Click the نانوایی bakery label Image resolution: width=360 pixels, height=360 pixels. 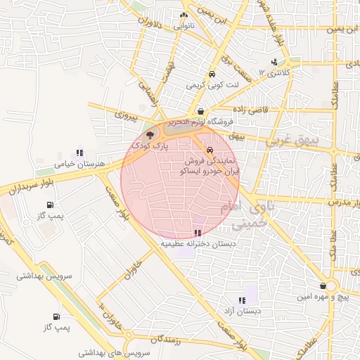click(179, 25)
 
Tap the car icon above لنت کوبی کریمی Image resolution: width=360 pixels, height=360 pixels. click(211, 74)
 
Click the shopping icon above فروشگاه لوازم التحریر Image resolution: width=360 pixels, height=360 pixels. click(201, 111)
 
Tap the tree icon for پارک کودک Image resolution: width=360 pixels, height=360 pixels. click(149, 135)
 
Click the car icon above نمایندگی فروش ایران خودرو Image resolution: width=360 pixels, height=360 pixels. click(210, 150)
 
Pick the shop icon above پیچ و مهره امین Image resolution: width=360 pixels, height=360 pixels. click(323, 285)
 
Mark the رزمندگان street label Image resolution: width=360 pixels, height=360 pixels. click(165, 340)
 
